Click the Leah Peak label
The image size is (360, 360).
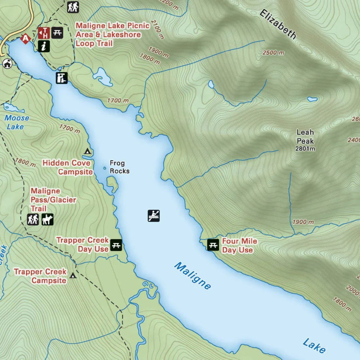(305, 137)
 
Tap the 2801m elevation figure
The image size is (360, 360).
(305, 149)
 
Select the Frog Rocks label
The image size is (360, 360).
(119, 167)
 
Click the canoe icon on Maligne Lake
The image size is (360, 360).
(154, 216)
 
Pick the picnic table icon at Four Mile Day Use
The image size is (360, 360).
(213, 245)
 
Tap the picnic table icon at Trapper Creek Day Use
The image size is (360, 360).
(116, 245)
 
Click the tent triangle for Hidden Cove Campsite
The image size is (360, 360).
(87, 151)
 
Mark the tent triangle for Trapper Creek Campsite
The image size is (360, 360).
(73, 276)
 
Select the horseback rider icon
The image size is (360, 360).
(47, 219)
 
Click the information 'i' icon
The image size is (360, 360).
(44, 46)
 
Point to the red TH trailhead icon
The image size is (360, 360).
(44, 33)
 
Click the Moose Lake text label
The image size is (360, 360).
(17, 122)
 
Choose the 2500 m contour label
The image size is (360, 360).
(273, 53)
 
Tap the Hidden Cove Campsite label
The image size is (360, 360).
(67, 167)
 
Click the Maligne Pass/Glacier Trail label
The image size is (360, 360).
(53, 200)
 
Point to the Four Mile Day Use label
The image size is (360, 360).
(239, 246)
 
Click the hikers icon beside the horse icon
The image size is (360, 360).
(33, 219)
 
